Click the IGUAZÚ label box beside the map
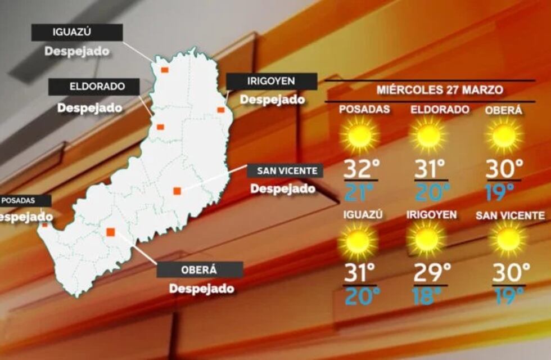tap(77, 32)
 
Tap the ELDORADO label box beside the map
tap(94, 87)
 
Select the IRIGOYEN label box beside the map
tap(272, 81)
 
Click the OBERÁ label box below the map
tap(200, 269)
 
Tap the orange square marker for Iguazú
tap(165, 70)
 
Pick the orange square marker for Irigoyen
tap(221, 110)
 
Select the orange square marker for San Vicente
tap(177, 191)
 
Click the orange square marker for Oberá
tap(111, 231)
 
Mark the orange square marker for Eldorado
tap(160, 127)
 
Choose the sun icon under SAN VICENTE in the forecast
tap(508, 240)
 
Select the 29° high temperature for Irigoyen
tap(432, 273)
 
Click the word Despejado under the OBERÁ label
tap(201, 289)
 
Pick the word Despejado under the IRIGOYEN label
tap(273, 100)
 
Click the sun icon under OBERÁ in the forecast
tap(504, 136)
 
